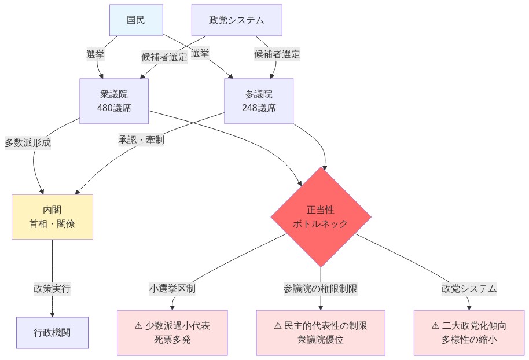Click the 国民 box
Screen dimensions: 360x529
click(x=136, y=20)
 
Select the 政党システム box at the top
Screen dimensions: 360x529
click(x=237, y=20)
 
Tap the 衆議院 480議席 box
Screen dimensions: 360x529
click(x=114, y=101)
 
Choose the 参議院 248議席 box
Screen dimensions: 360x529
click(x=259, y=101)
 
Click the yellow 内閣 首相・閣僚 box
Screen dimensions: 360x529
click(x=52, y=216)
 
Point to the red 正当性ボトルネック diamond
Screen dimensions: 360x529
click(x=321, y=217)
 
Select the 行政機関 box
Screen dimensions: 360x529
click(x=52, y=333)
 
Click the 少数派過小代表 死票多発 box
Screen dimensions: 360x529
click(x=172, y=333)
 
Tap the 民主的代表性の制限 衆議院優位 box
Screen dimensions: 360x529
click(x=321, y=333)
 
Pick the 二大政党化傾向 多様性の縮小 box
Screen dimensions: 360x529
click(x=469, y=333)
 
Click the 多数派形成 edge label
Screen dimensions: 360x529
click(x=28, y=142)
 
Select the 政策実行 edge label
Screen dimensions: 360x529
click(x=52, y=288)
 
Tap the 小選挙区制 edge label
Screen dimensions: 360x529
click(x=172, y=288)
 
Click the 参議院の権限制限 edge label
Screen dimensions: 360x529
click(x=321, y=288)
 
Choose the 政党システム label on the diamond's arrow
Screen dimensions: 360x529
click(x=469, y=288)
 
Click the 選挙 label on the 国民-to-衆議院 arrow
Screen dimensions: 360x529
click(x=95, y=54)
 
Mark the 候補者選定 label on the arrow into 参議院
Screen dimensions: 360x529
click(x=277, y=54)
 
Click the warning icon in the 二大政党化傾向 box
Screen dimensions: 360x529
click(x=435, y=326)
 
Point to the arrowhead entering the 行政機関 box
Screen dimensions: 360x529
click(x=52, y=314)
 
